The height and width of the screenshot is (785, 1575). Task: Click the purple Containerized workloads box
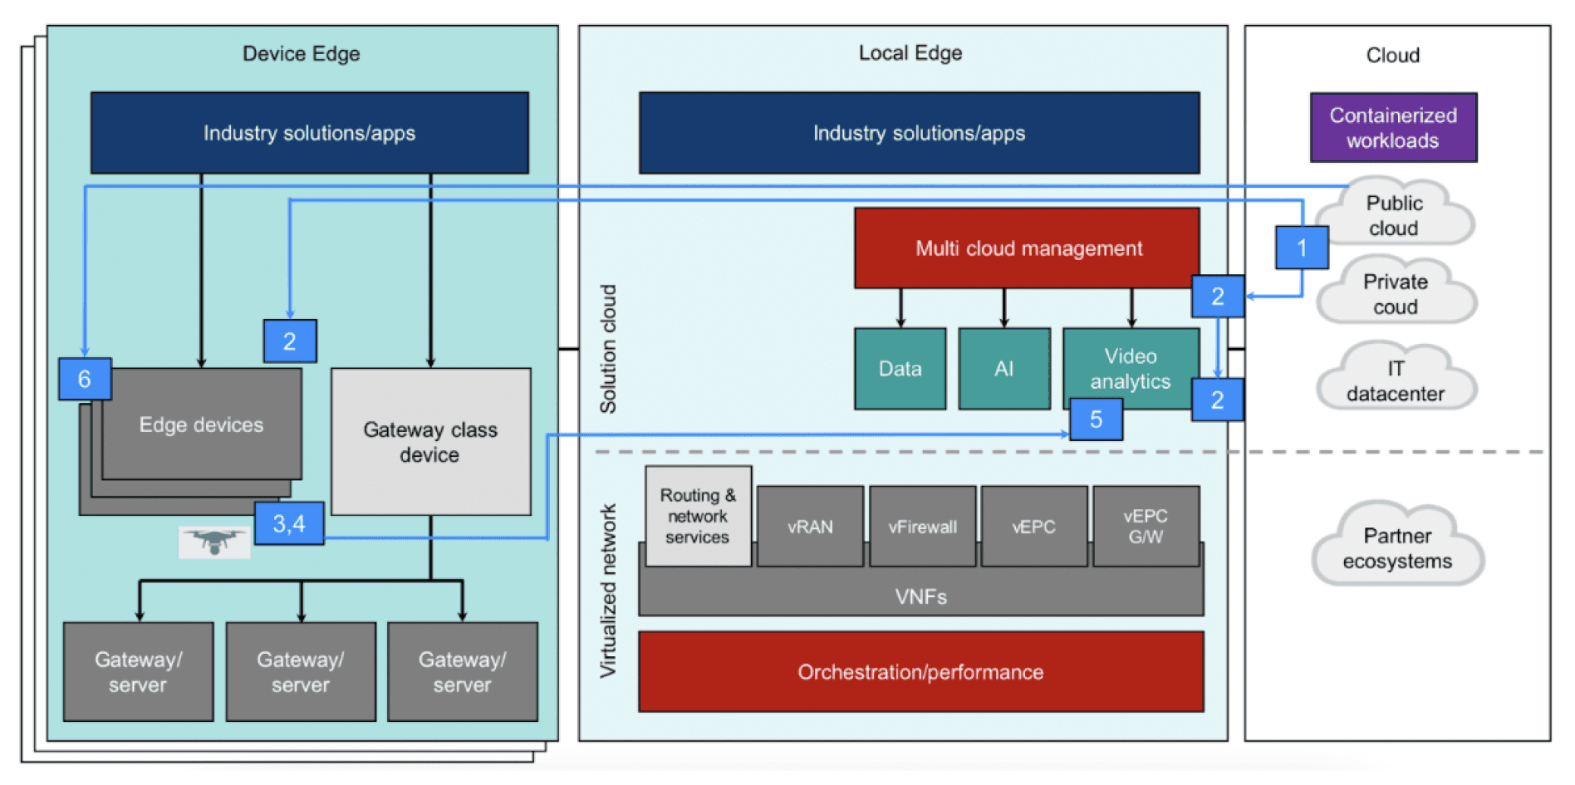pos(1392,127)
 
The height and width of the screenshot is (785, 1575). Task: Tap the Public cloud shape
pos(1396,214)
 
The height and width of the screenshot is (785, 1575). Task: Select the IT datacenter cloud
pos(1396,380)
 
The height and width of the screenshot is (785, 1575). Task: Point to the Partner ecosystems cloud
pos(1397,547)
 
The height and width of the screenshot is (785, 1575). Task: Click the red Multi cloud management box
pos(1028,248)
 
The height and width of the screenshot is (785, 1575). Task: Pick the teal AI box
pos(1003,368)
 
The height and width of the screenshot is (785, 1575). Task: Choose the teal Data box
pos(900,368)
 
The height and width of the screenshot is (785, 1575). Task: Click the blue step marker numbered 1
pos(1302,248)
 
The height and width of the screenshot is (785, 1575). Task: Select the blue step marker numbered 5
pos(1096,419)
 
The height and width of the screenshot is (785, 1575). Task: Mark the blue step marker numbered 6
pos(84,379)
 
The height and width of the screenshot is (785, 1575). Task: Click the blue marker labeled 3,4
pos(288,523)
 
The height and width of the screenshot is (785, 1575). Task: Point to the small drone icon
pos(214,542)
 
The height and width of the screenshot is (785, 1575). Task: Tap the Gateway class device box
pos(430,441)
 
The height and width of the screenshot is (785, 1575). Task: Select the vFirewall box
pos(922,527)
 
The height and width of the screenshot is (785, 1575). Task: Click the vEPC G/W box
pos(1146,527)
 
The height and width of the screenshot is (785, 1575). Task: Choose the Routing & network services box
pos(698,516)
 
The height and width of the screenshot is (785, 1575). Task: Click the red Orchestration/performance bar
pos(920,671)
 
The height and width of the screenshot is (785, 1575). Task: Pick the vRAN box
pos(810,527)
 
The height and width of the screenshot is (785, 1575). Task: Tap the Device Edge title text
pos(301,54)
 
